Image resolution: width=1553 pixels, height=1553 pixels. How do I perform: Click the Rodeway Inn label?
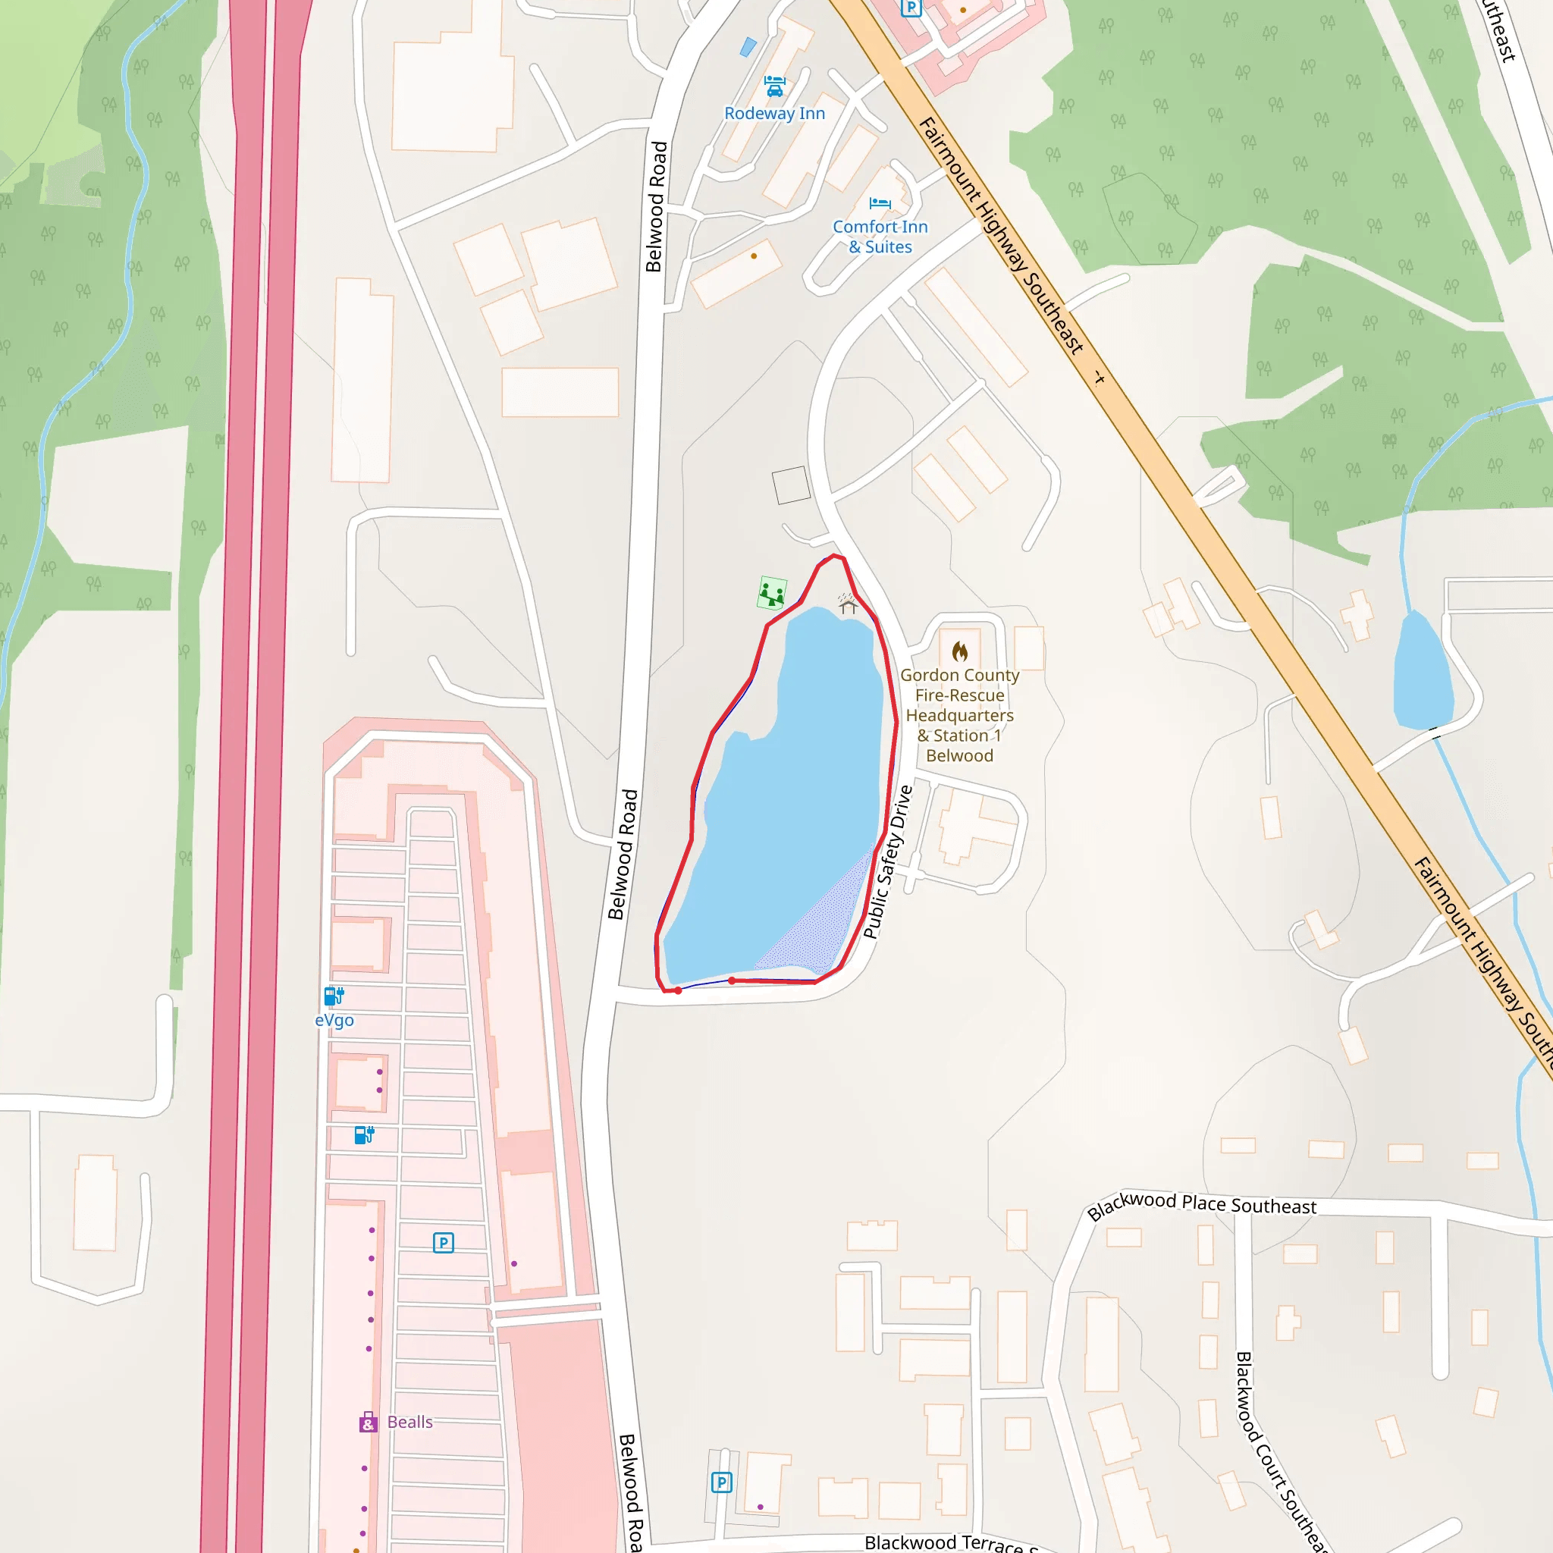(774, 113)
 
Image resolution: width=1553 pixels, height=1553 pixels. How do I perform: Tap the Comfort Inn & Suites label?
(880, 237)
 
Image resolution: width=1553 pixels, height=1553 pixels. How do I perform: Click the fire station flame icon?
(960, 651)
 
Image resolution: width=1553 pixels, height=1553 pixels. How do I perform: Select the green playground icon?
(772, 593)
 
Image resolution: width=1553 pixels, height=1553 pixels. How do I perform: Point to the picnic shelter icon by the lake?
(847, 603)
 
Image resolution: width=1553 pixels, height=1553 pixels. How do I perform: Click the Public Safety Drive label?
(887, 861)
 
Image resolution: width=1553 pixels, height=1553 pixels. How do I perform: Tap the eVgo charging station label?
(334, 1020)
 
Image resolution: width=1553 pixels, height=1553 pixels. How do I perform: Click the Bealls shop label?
(410, 1422)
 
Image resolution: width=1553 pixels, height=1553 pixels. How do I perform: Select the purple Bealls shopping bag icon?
(367, 1422)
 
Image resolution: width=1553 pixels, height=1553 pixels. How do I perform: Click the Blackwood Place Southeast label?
(1201, 1205)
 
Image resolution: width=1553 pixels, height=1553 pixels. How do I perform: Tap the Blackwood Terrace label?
(949, 1542)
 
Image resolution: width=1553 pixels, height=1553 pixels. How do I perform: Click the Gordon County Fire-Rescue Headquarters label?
(960, 714)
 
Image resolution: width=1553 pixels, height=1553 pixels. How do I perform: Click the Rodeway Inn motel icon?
(774, 85)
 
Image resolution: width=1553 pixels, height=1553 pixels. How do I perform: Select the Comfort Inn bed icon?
(880, 202)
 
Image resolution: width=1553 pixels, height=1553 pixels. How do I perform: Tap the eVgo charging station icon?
(334, 996)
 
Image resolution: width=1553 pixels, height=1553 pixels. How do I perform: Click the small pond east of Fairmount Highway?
(1421, 673)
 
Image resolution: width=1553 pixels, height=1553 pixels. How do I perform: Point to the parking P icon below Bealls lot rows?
(443, 1243)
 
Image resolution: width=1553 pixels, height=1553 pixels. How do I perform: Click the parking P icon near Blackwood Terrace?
(721, 1482)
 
